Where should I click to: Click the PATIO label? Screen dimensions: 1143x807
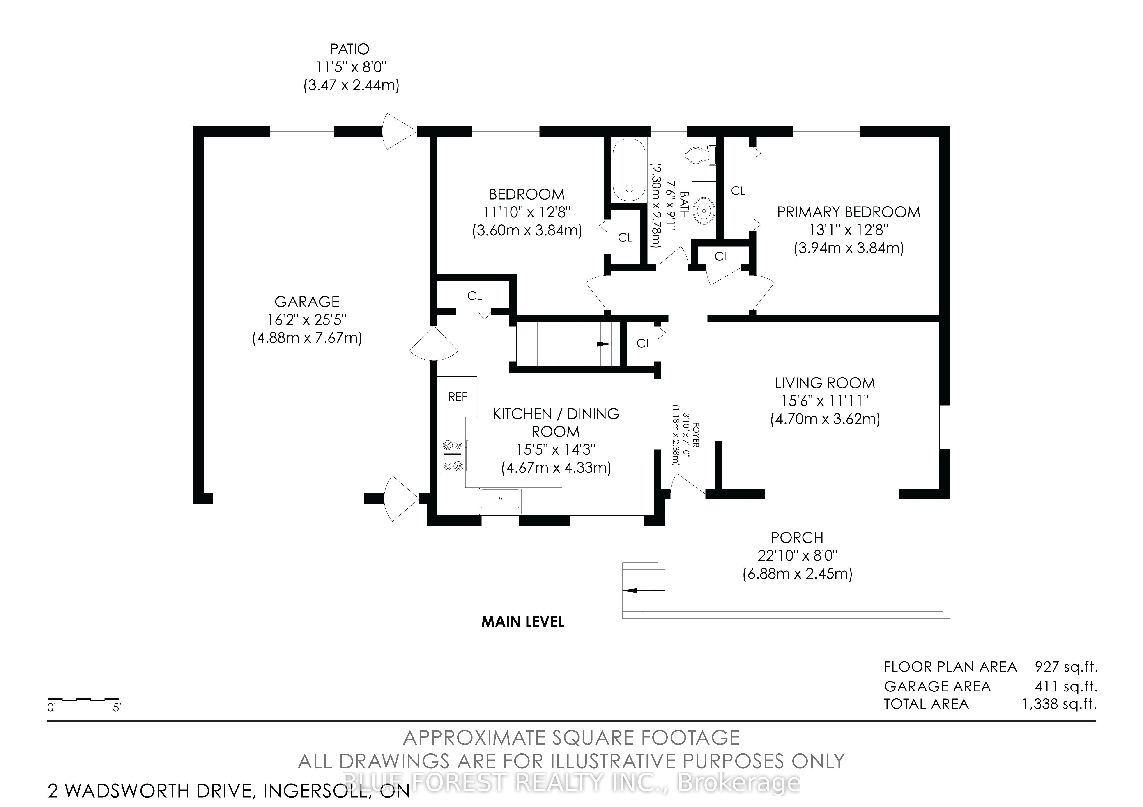tap(350, 49)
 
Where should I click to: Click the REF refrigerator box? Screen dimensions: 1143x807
tap(458, 397)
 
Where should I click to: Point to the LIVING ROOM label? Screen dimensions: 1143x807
tap(824, 383)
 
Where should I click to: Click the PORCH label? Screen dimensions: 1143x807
tap(797, 538)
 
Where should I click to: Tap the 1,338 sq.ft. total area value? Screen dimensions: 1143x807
tap(1059, 704)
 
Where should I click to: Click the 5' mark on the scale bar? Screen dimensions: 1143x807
tap(117, 707)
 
